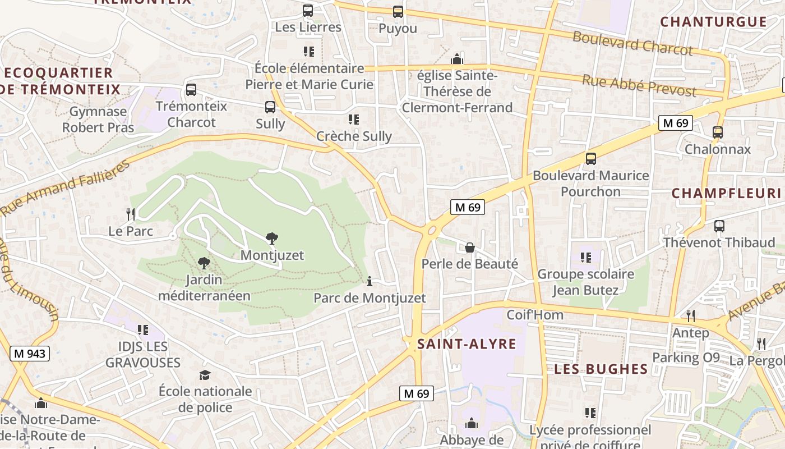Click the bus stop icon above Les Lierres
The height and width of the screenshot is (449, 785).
(x=307, y=10)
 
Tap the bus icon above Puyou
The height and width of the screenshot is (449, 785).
(x=398, y=11)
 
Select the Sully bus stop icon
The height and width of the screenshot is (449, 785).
(x=270, y=107)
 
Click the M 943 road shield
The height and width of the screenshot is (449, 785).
(x=30, y=354)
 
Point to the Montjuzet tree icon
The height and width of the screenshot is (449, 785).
(x=272, y=239)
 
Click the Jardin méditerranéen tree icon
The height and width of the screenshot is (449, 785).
(x=204, y=263)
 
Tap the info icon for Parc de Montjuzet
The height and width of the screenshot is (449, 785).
(x=369, y=281)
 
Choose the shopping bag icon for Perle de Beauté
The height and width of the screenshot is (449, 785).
(x=470, y=247)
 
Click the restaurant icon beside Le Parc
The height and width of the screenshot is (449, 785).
(x=131, y=214)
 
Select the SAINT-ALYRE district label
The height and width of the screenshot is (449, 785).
(x=467, y=344)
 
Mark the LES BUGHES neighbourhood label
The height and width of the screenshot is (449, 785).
(x=601, y=369)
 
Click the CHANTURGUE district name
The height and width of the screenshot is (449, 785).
(x=713, y=22)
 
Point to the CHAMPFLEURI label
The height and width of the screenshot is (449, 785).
(x=726, y=193)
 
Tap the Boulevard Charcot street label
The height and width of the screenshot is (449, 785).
(x=632, y=44)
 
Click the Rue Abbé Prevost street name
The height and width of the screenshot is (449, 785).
(x=639, y=85)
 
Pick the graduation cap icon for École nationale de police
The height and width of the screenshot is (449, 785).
(x=205, y=375)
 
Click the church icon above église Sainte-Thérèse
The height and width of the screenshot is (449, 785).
(x=457, y=59)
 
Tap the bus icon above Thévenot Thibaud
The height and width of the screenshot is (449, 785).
(x=719, y=226)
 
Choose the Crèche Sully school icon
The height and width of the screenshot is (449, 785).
(x=354, y=119)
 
